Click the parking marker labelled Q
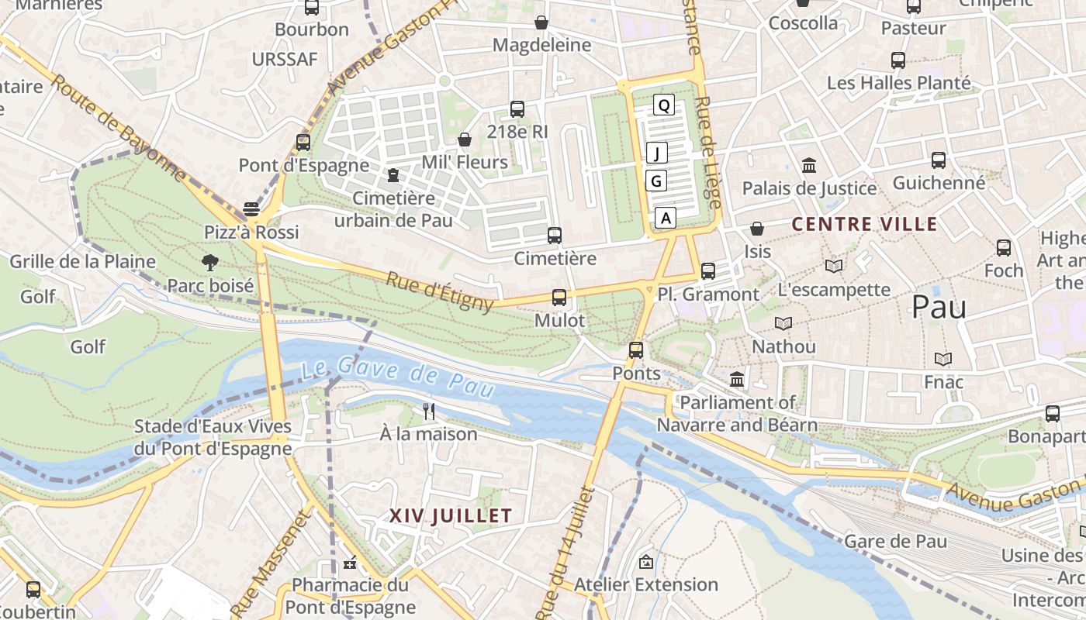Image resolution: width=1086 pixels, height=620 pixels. tap(663, 105)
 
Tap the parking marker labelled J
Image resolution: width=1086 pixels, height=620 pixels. tap(657, 153)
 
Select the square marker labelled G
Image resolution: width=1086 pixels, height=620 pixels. tap(656, 181)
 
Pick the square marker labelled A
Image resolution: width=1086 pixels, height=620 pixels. tap(666, 219)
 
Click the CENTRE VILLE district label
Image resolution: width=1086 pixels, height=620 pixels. tap(864, 225)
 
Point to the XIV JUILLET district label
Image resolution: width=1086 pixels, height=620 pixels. tap(451, 516)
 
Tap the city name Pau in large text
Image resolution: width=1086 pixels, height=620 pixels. tap(939, 308)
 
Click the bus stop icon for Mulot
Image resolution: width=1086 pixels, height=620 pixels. tap(559, 297)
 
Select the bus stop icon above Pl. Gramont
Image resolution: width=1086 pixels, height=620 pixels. tap(707, 271)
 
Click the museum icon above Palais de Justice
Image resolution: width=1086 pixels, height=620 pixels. tap(809, 165)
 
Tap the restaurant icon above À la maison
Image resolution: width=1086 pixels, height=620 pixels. tap(428, 411)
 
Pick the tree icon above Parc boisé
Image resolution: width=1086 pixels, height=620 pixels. tap(209, 263)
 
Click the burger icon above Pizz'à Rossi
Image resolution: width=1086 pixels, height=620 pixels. tap(251, 208)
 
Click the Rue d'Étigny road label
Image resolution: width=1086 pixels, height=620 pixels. tap(440, 292)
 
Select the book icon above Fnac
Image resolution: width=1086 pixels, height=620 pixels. tap(943, 359)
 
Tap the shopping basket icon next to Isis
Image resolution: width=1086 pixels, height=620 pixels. tap(756, 229)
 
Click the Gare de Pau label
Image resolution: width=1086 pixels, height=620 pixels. tap(895, 541)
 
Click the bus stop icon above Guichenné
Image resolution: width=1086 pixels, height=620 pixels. tap(939, 160)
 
